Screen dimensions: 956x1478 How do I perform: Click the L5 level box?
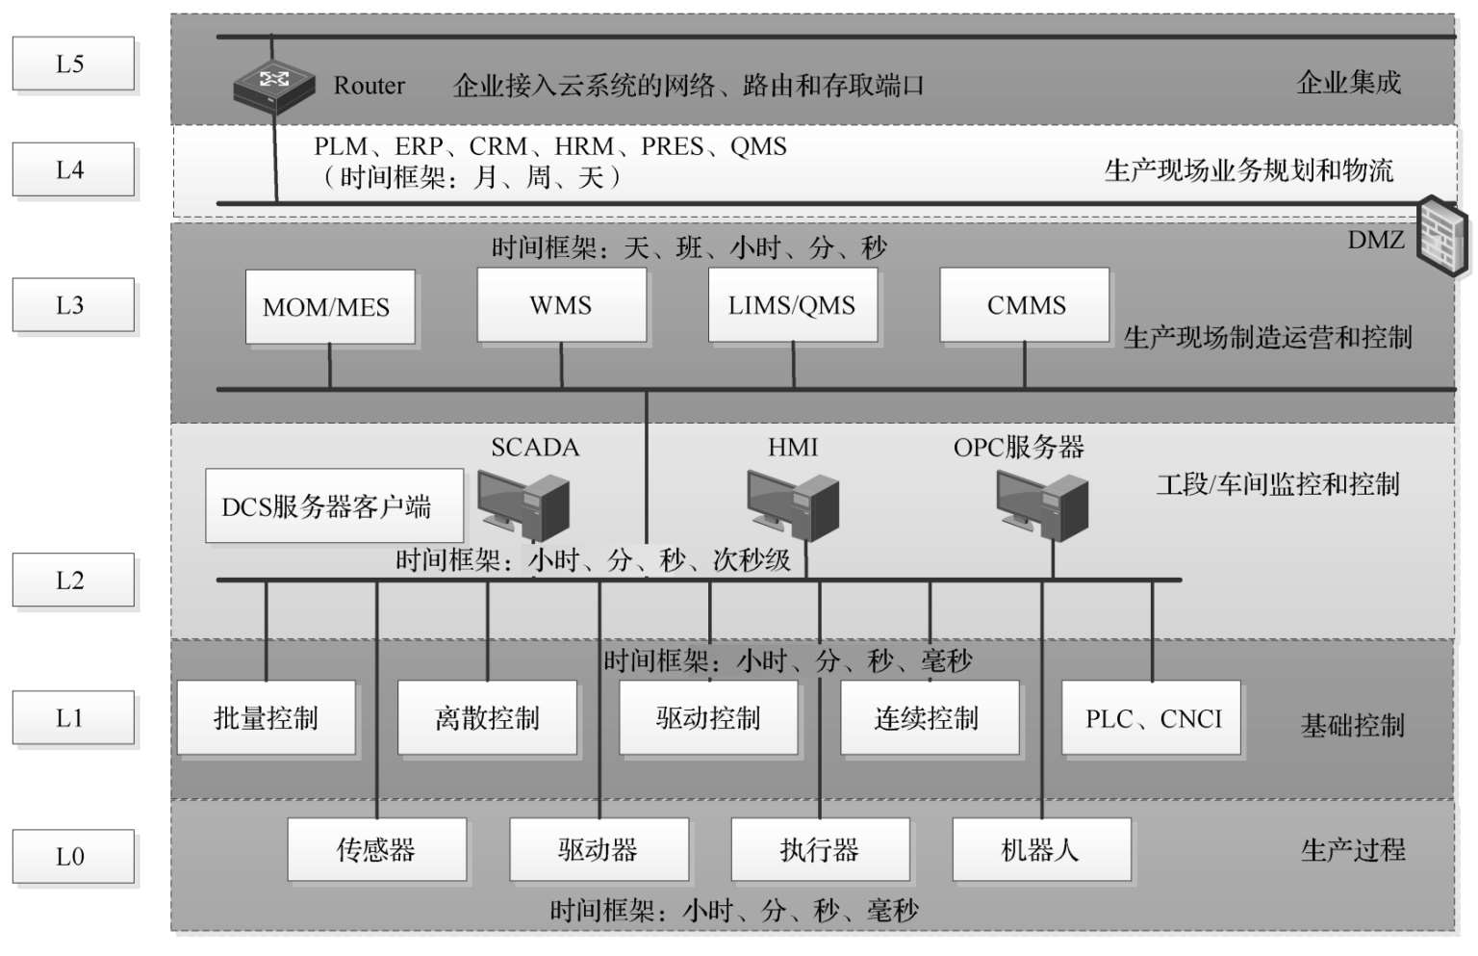(x=72, y=64)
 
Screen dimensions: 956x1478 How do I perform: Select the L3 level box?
(x=72, y=305)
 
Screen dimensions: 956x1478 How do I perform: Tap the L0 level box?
(x=72, y=856)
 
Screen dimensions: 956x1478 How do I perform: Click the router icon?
(x=274, y=87)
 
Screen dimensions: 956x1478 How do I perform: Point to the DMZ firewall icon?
(x=1443, y=236)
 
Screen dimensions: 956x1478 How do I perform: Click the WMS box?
(x=561, y=305)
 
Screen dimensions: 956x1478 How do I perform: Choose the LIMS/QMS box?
(x=792, y=305)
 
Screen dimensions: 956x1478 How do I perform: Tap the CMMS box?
(x=1025, y=305)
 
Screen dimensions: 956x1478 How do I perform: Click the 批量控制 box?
(x=266, y=718)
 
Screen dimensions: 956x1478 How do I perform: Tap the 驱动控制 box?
(x=708, y=718)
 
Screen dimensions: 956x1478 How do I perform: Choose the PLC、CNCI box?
(x=1152, y=718)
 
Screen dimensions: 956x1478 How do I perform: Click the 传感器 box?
(x=376, y=849)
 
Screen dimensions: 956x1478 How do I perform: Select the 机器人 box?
(x=1041, y=849)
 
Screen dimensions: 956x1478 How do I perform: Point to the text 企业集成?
(x=1348, y=83)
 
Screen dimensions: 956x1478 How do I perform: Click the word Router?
(x=369, y=86)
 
